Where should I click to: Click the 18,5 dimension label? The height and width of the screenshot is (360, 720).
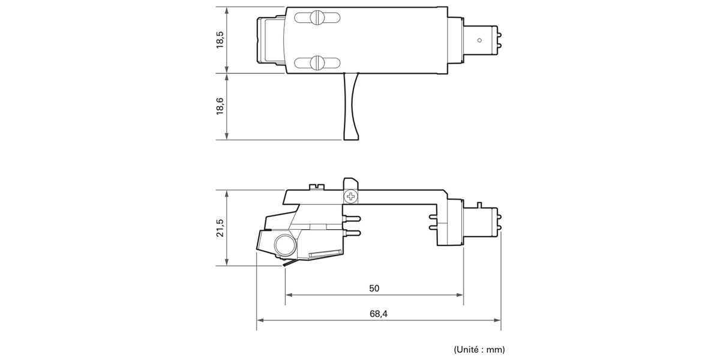click(220, 40)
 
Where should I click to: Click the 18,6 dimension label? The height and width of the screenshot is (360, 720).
click(220, 106)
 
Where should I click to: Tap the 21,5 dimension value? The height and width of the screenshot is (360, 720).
click(220, 228)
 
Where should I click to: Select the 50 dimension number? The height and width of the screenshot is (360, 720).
click(374, 289)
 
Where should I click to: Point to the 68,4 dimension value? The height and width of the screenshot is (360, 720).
click(379, 314)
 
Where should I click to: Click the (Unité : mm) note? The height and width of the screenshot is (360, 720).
click(479, 349)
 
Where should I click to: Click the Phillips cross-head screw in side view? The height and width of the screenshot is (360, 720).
click(350, 196)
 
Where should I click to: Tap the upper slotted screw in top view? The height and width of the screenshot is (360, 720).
click(317, 17)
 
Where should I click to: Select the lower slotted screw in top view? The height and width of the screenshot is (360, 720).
click(317, 62)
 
